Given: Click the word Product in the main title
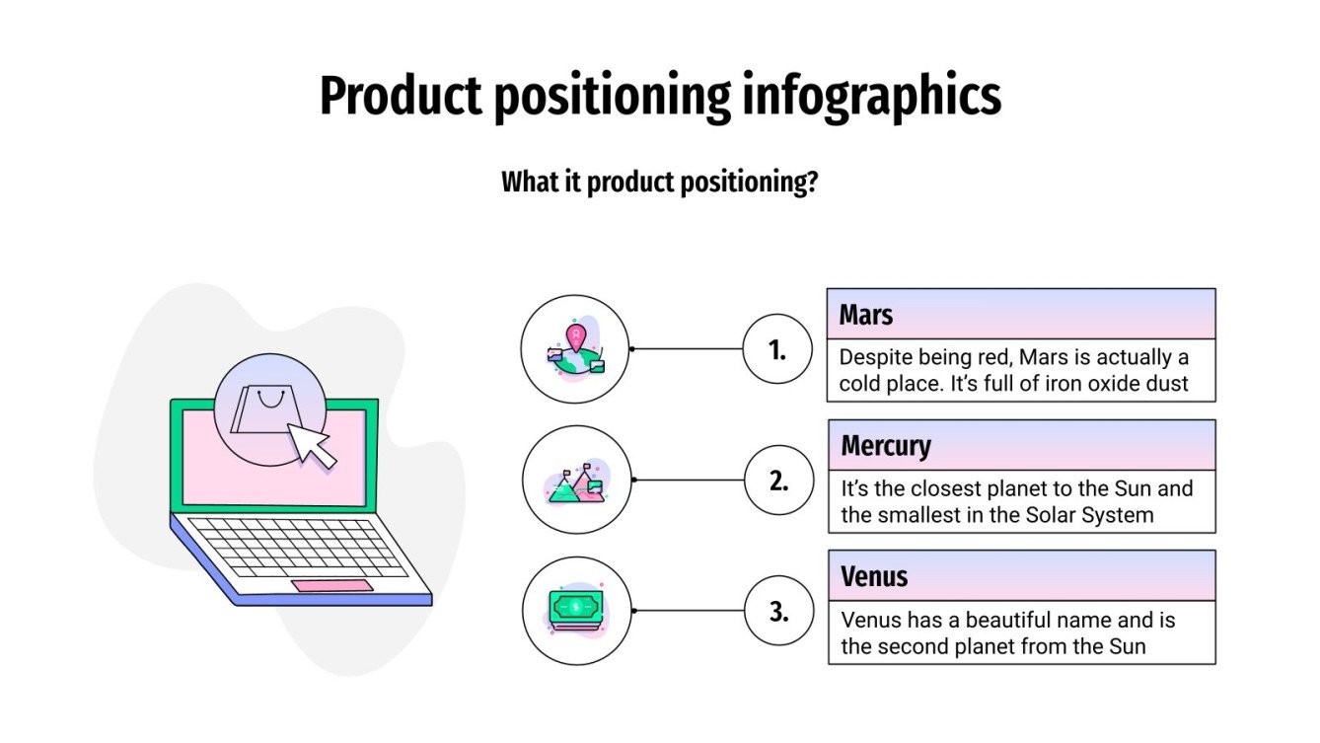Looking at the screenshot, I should tap(400, 97).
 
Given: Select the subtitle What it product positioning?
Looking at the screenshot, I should tap(659, 183).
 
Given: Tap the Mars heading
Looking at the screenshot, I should tap(866, 315).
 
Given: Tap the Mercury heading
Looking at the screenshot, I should tap(885, 446).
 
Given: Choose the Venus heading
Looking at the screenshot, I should tap(874, 576).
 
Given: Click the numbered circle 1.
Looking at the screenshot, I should tap(777, 348).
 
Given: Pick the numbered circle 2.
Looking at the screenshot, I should tap(777, 481).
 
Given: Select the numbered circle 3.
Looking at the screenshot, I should tap(777, 611).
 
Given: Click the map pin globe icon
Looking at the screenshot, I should tap(575, 349).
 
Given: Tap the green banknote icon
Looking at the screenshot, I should tap(575, 609).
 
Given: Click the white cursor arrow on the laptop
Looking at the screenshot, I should tap(312, 444).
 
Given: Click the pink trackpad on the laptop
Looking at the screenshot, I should tap(332, 586).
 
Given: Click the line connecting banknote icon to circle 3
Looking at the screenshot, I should tap(688, 611).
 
